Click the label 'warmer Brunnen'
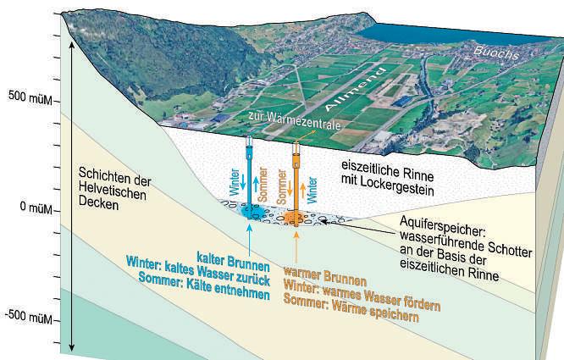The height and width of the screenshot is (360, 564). tap(325, 277)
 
